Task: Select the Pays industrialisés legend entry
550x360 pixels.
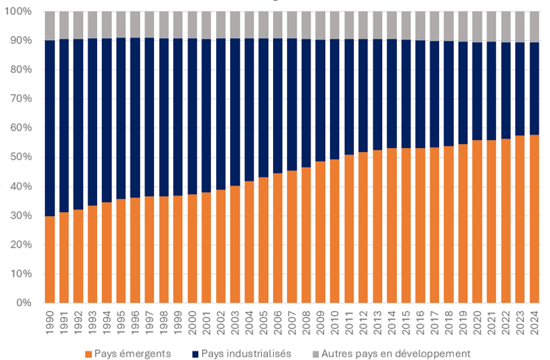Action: coord(246,353)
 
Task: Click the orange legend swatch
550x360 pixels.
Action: coord(89,353)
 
